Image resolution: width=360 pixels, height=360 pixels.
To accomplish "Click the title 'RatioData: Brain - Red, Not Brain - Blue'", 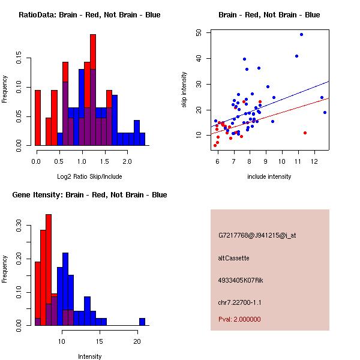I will [89, 14].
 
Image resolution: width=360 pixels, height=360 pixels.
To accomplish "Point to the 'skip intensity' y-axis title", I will [184, 90].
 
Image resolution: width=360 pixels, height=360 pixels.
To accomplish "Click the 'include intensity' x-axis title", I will [269, 176].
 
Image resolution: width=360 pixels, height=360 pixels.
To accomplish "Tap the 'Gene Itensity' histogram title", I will [89, 194].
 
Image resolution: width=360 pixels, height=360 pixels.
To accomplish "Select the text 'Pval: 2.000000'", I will [239, 319].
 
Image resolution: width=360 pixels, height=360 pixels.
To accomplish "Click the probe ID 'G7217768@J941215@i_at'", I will [257, 235].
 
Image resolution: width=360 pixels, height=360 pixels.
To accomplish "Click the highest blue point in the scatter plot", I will [301, 34].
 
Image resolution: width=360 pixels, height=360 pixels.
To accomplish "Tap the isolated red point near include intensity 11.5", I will [305, 133].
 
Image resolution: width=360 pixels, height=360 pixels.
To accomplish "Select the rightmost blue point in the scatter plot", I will [325, 112].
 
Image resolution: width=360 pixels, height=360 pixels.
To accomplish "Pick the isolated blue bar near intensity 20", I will [142, 321].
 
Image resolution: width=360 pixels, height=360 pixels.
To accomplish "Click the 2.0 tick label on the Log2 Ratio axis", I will [127, 161].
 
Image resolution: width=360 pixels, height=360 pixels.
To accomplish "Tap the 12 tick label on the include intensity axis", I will [314, 161].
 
